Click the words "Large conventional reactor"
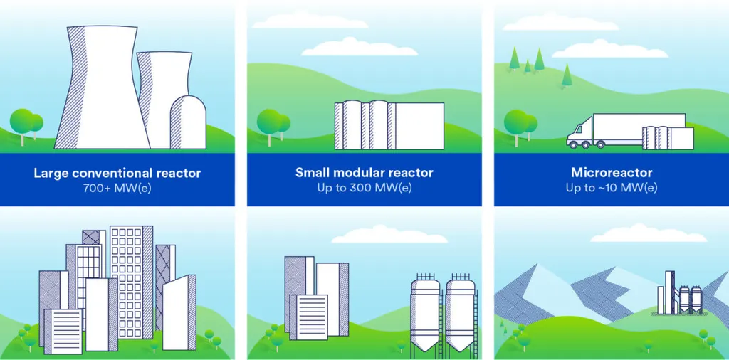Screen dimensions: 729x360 coord(117,174)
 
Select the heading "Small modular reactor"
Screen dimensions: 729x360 coord(364,174)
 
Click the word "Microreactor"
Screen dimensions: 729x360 coord(612,174)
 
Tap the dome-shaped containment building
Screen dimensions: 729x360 coord(188,122)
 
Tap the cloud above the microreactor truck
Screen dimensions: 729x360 coord(610,49)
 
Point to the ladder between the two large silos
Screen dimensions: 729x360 coord(441,322)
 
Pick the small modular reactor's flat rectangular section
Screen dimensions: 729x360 coord(419,126)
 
